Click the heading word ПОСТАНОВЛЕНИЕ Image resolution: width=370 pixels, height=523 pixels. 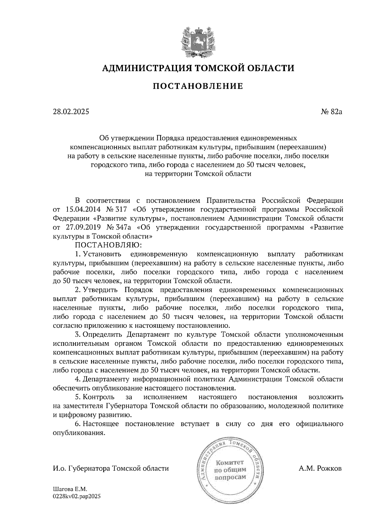pos(198,86)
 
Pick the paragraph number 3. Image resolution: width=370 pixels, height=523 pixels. pos(77,334)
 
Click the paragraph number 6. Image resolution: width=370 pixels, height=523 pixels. pos(77,424)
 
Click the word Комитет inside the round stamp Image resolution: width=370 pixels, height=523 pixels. pos(229,463)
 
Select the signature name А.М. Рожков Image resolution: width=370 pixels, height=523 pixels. pos(320,468)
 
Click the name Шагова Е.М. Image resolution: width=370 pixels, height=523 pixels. pos(70,489)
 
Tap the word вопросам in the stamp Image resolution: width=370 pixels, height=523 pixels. pos(230,477)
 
